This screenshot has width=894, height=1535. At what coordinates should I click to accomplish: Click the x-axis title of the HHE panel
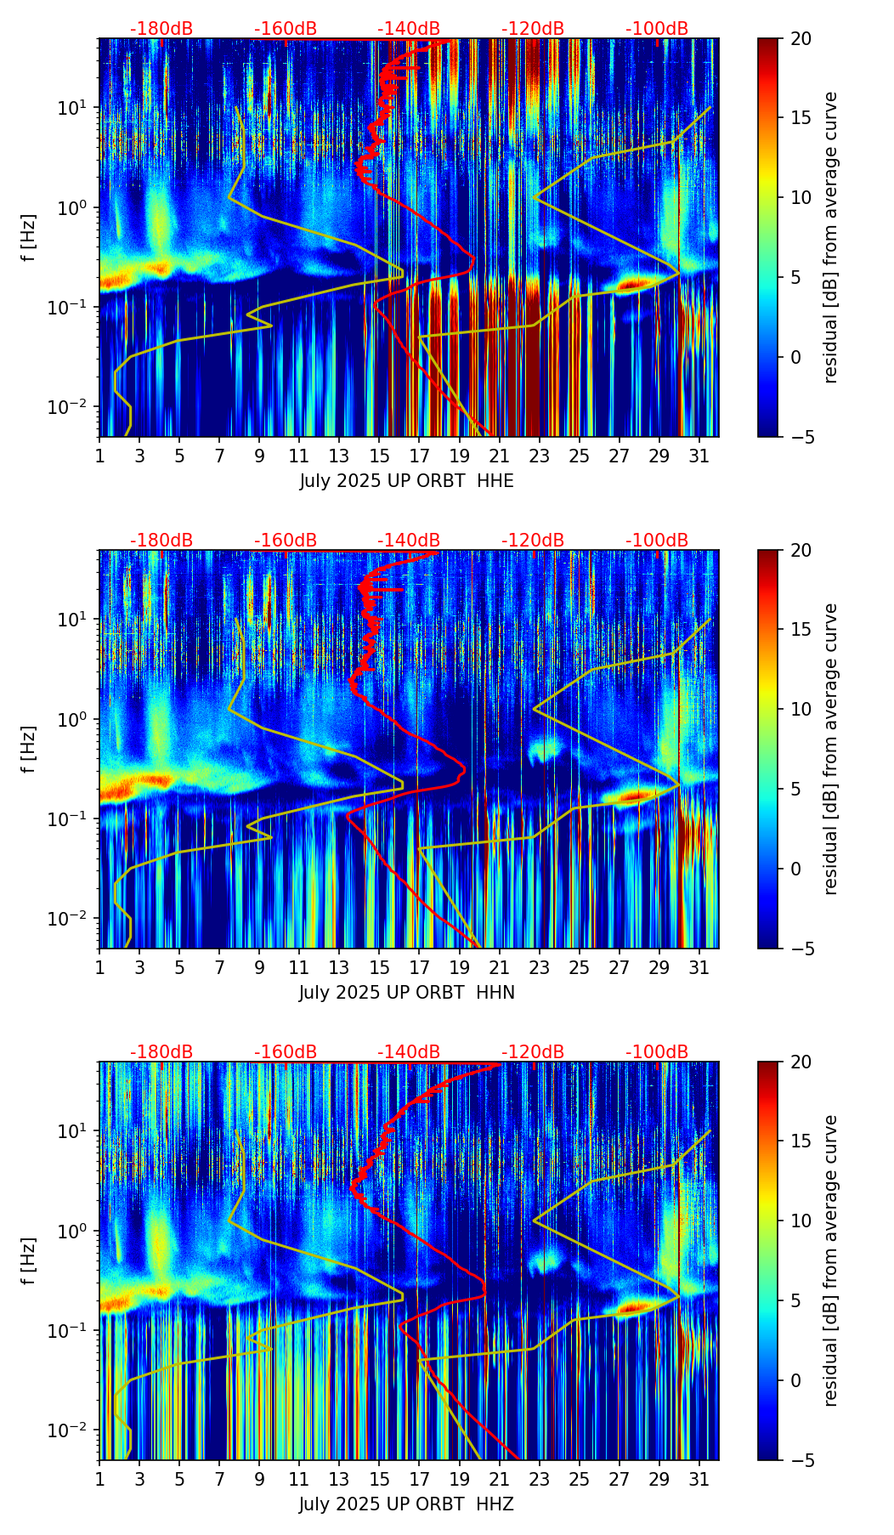[406, 481]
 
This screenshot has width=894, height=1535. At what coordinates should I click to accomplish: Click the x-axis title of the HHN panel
[406, 993]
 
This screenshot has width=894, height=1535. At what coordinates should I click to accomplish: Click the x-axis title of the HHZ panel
[406, 1504]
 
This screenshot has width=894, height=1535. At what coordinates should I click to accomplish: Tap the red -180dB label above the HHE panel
[161, 29]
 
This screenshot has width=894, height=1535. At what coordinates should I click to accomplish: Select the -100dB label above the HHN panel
[657, 541]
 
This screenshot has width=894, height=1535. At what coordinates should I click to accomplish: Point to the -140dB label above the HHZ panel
[409, 1052]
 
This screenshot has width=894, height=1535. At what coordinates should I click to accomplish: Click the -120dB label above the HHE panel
[533, 29]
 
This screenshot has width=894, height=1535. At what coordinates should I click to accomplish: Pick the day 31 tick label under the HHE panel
[699, 456]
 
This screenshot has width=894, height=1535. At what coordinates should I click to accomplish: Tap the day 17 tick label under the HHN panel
[420, 967]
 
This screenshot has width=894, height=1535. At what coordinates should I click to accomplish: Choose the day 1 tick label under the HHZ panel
[99, 1479]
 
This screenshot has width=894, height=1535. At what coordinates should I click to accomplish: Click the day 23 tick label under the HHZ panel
[540, 1479]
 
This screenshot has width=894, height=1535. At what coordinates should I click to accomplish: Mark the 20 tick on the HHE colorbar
[801, 38]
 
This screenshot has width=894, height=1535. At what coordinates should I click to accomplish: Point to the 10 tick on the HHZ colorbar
[801, 1221]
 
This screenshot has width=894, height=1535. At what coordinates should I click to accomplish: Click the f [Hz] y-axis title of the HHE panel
[30, 238]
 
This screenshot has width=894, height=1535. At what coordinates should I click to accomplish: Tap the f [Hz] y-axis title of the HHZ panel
[30, 1261]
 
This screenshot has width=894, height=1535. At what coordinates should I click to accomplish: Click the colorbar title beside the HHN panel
[831, 749]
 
